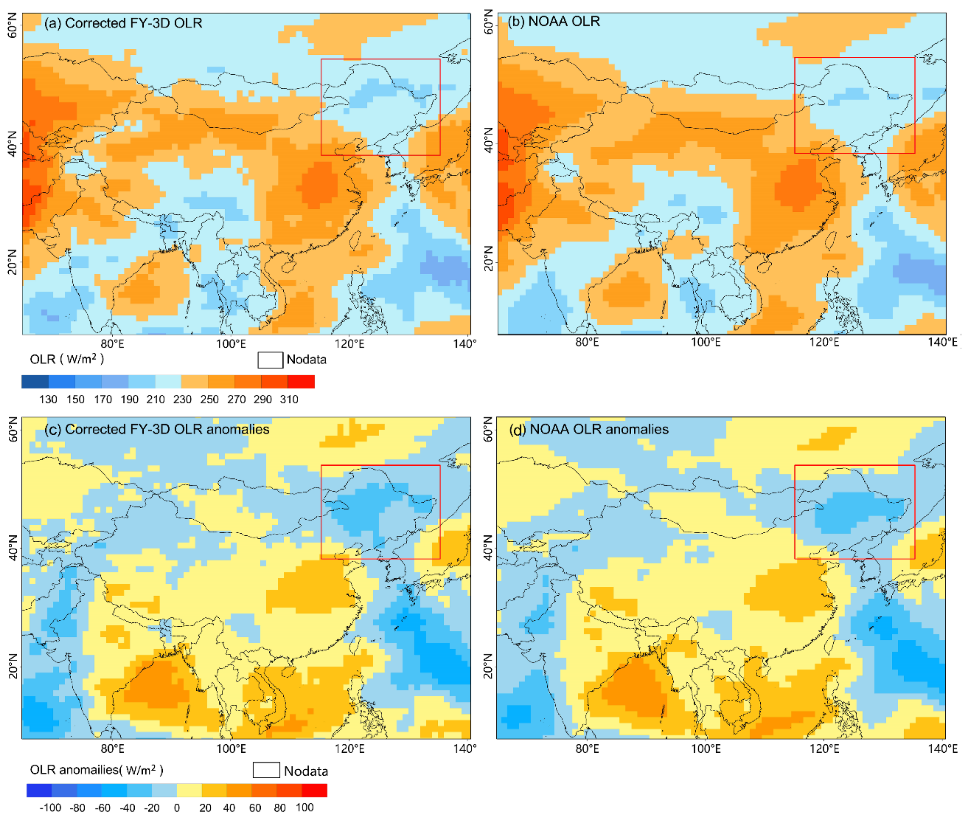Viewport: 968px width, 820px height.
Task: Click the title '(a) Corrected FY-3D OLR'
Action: tap(123, 23)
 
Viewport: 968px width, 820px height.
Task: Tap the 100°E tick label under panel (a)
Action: tap(231, 344)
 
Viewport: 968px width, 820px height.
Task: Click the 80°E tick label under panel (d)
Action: tap(587, 749)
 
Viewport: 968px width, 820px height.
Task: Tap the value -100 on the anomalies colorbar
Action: tap(50, 808)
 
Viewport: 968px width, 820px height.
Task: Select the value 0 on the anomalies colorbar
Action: tap(177, 808)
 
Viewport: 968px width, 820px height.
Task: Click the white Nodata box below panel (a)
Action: tap(270, 360)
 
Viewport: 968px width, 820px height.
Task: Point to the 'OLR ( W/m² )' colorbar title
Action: tap(67, 359)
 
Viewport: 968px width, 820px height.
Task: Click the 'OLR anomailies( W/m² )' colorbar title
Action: tap(96, 770)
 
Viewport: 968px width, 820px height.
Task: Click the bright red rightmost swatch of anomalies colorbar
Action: tap(314, 790)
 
